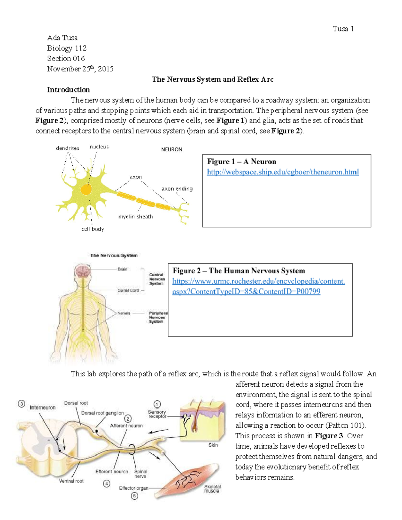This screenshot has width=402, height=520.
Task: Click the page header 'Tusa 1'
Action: coord(343,29)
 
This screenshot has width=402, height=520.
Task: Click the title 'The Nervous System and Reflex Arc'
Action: coord(212,79)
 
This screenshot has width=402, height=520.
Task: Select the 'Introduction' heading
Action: coord(68,90)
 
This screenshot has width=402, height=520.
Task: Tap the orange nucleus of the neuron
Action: coord(86,190)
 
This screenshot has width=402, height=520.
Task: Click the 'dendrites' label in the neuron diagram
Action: coord(68,148)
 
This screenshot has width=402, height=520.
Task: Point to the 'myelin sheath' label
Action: coord(135,217)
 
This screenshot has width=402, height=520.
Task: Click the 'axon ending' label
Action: coord(177,189)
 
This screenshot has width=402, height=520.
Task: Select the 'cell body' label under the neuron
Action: coord(93,229)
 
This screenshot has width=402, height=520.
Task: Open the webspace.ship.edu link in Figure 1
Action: coord(282,172)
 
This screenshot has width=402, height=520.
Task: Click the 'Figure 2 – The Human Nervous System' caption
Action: coord(239,271)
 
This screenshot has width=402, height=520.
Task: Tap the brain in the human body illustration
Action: coord(82,271)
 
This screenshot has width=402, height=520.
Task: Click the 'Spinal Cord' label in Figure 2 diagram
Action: coord(128,290)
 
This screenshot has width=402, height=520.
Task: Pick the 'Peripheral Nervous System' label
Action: coord(158,317)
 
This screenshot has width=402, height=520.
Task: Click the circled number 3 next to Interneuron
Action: coord(21,404)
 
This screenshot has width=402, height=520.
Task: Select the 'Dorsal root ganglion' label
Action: coord(103,413)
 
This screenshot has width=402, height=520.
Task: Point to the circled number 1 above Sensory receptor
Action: coord(157,404)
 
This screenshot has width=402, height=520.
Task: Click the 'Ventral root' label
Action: coord(71,481)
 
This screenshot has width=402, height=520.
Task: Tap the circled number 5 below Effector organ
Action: coord(134,496)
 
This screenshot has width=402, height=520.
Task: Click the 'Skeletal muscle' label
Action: coord(212,489)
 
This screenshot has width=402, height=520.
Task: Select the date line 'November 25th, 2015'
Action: coord(80,69)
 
